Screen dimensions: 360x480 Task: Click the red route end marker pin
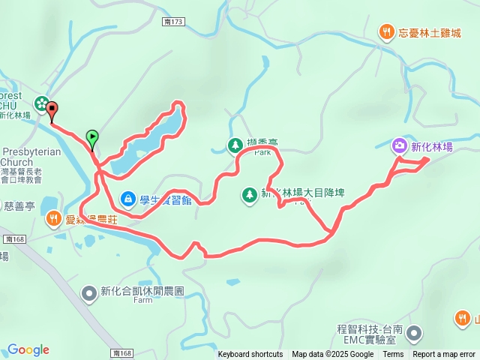tap(52, 112)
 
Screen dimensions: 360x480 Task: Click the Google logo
tap(28, 349)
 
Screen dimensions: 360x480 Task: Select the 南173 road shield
tap(172, 22)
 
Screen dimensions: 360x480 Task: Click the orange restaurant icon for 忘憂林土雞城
tap(385, 31)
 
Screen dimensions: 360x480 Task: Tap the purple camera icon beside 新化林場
tap(400, 145)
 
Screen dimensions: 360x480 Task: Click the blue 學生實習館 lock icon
tap(128, 198)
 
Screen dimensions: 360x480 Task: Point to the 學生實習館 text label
tap(165, 199)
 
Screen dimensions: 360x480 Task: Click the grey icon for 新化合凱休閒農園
tap(89, 292)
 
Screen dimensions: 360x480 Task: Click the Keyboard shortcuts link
tap(250, 355)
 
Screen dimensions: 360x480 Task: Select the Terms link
tap(393, 355)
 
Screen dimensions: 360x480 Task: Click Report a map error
tap(444, 355)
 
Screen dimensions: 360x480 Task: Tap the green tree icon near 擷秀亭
tap(235, 144)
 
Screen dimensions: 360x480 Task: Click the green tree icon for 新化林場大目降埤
tap(249, 194)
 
